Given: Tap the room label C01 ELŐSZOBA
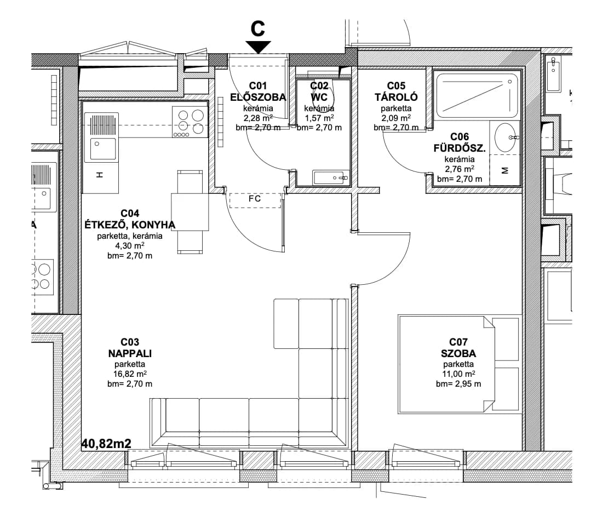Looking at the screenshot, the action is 258,91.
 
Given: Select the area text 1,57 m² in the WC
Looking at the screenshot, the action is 319,118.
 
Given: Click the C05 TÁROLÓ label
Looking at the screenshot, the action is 396,91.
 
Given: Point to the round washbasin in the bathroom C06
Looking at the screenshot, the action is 505,137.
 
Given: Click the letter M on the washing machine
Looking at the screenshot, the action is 505,170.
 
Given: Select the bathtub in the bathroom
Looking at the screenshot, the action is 478,96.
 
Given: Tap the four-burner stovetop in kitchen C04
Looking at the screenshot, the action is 190,122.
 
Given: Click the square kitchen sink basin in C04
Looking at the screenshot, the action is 102,149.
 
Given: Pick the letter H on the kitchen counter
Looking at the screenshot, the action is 99,175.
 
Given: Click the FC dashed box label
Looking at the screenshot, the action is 255,199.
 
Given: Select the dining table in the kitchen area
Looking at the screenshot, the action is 190,212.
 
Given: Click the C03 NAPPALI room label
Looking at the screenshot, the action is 130,348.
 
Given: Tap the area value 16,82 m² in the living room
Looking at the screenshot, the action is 130,374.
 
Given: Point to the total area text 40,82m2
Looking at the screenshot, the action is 106,443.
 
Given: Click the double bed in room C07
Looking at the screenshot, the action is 459,364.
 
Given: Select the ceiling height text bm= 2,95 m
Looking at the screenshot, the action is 458,384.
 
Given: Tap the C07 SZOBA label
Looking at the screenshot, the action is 458,348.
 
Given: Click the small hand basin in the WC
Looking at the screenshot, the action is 331,177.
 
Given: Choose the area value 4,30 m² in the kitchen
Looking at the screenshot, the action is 130,245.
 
